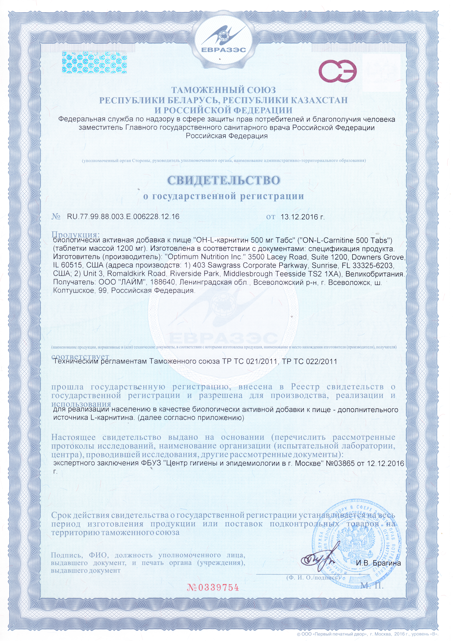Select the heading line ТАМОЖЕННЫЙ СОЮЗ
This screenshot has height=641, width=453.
224,90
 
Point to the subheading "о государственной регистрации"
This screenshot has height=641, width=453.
224,196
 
